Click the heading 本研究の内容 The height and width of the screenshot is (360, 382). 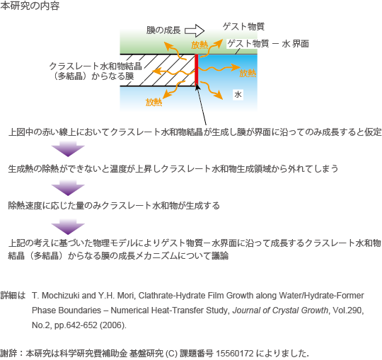(30, 6)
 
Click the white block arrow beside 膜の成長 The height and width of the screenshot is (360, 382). (195, 30)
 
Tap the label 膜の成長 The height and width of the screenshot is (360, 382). (163, 30)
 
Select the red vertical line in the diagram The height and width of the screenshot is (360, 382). (197, 69)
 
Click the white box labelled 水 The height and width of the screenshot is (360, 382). (238, 94)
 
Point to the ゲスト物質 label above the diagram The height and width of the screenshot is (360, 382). (243, 26)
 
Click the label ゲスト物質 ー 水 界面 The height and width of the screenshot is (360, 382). (268, 44)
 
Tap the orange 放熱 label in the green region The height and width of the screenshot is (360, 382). (199, 45)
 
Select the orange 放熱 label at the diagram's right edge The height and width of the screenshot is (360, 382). (248, 73)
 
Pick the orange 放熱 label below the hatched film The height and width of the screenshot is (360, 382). (154, 102)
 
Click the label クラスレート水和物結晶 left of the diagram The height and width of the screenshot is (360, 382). (95, 66)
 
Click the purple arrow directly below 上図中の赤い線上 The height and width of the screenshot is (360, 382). (68, 149)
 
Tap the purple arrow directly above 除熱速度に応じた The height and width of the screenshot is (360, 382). (68, 188)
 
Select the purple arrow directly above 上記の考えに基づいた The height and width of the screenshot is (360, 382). (68, 227)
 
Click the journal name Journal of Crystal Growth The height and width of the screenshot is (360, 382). (280, 310)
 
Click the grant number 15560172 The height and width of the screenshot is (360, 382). (235, 353)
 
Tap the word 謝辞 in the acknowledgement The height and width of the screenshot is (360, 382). (8, 353)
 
